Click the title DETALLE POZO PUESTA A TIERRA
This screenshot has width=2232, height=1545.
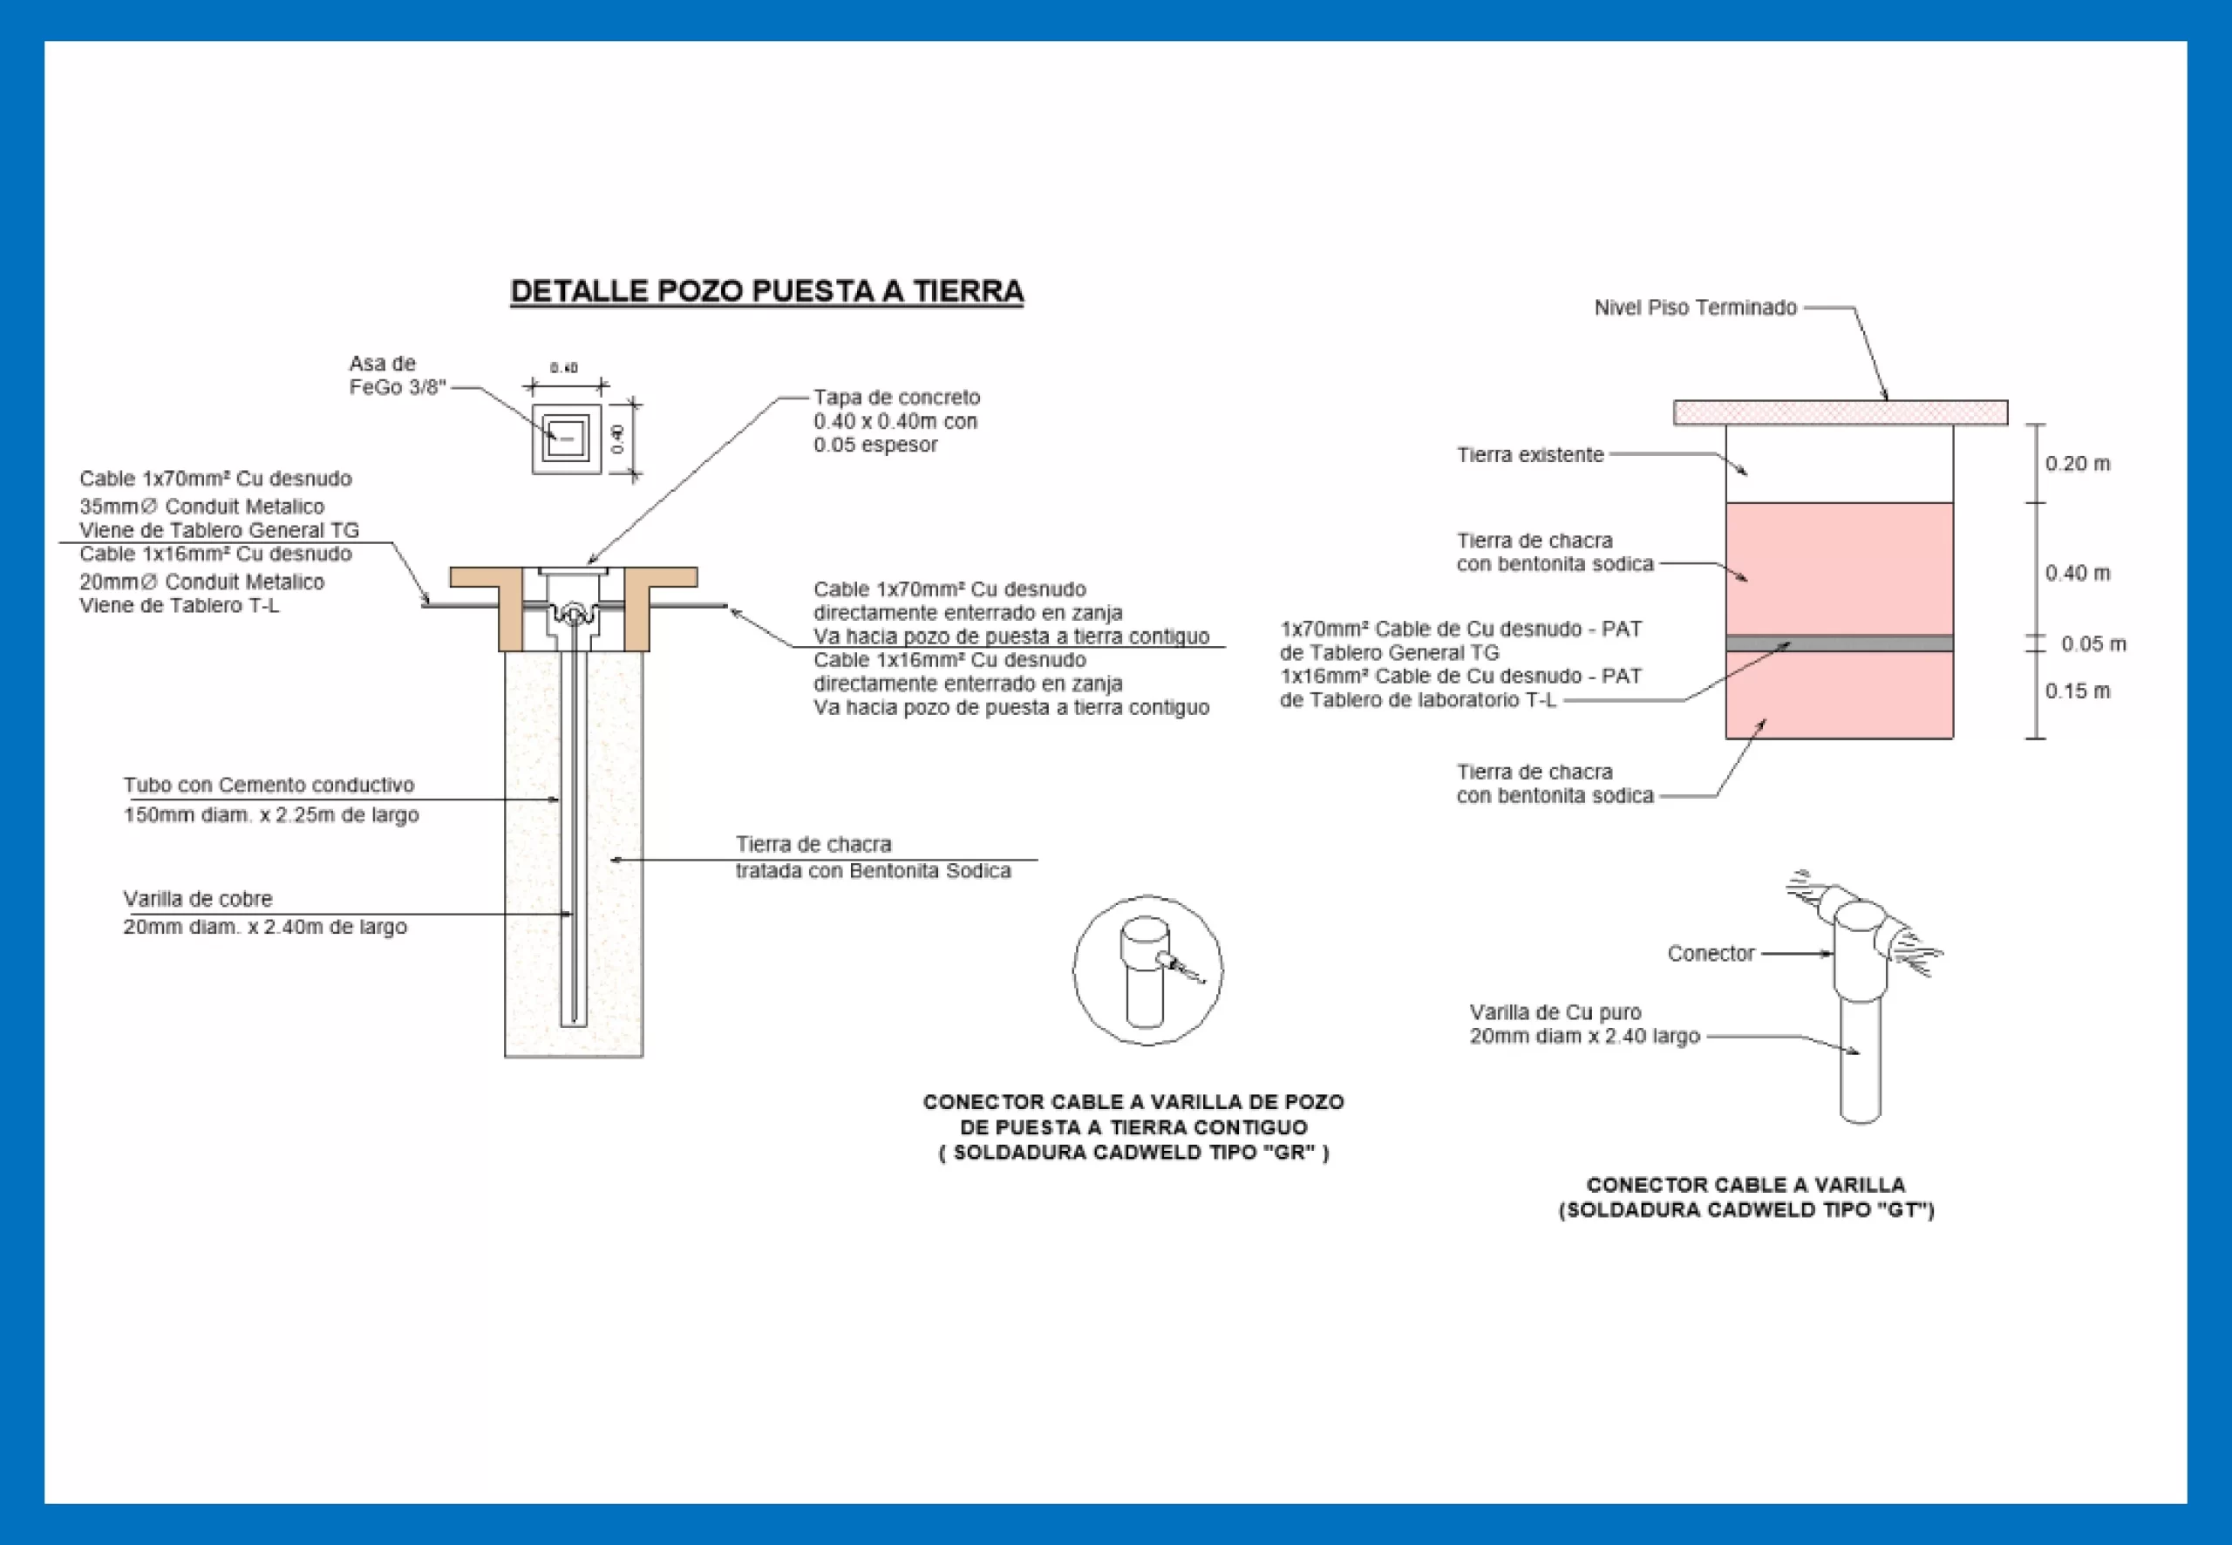pyautogui.click(x=766, y=291)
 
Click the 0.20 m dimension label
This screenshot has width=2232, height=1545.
pyautogui.click(x=2077, y=464)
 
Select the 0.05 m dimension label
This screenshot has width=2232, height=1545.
pyautogui.click(x=2092, y=643)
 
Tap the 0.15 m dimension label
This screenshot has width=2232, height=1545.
pyautogui.click(x=2077, y=691)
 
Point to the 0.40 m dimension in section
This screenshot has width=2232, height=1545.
pyautogui.click(x=2077, y=573)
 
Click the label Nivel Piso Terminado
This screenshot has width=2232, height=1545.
pyautogui.click(x=1695, y=308)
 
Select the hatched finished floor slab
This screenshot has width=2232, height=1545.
pyautogui.click(x=1840, y=412)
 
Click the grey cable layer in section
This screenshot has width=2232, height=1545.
pyautogui.click(x=1839, y=643)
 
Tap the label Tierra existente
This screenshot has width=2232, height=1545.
pyautogui.click(x=1530, y=455)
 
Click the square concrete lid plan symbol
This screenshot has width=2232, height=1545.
pyautogui.click(x=566, y=439)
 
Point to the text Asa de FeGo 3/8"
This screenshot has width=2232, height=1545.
pyautogui.click(x=396, y=376)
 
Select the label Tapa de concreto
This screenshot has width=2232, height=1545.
pyautogui.click(x=896, y=398)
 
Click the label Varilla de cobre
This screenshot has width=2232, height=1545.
pyautogui.click(x=197, y=899)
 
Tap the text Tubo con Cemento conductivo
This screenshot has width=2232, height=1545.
pyautogui.click(x=269, y=785)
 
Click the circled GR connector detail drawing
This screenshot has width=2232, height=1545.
pyautogui.click(x=1147, y=970)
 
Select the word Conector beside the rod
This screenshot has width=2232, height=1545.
pyautogui.click(x=1711, y=954)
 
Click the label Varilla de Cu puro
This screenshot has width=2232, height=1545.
pyautogui.click(x=1555, y=1012)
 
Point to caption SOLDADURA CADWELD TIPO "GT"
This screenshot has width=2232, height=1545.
pyautogui.click(x=1746, y=1210)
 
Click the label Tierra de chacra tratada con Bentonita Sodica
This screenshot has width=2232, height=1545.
pyautogui.click(x=871, y=858)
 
